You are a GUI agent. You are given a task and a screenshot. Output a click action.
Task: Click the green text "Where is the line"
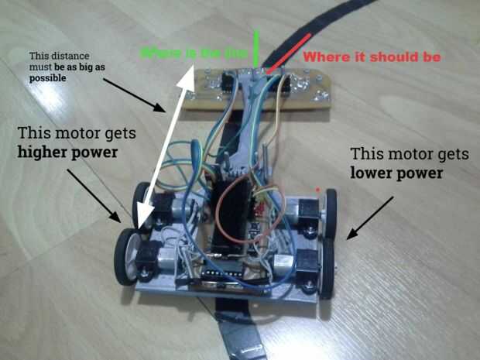(x=197, y=53)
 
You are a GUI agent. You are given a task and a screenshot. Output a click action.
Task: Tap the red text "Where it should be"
(x=371, y=57)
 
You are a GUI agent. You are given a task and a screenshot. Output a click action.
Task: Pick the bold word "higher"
(x=46, y=151)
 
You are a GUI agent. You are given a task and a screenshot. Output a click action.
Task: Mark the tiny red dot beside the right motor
(x=318, y=190)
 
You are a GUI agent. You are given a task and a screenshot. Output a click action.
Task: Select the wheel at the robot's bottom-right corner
(x=326, y=268)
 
